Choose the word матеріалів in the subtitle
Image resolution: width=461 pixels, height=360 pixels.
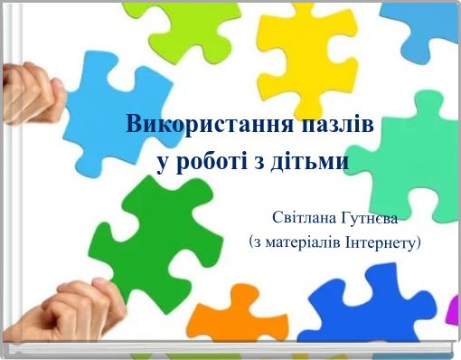[x=303, y=242]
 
